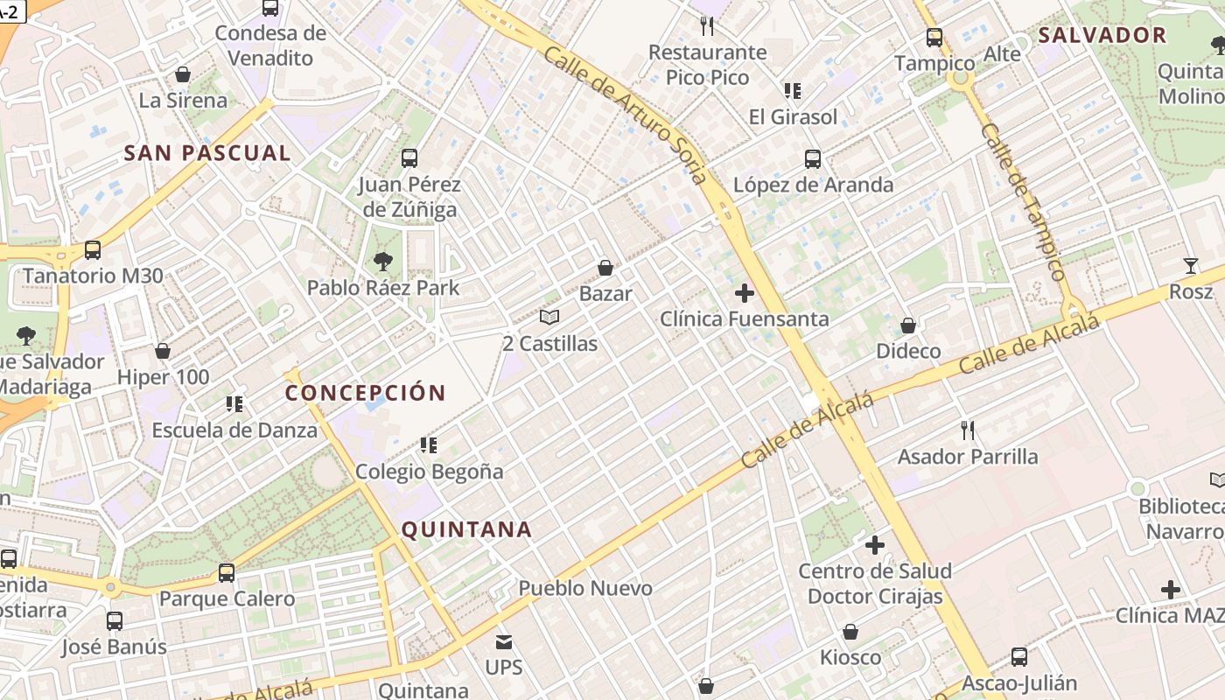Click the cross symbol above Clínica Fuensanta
click(x=745, y=293)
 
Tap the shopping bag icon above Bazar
click(x=605, y=268)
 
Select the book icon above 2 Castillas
click(x=549, y=317)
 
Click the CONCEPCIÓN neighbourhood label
click(x=366, y=393)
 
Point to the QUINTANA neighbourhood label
click(x=466, y=529)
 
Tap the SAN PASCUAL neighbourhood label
click(x=207, y=153)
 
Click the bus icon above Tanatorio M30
click(x=93, y=250)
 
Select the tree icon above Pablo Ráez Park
click(x=382, y=261)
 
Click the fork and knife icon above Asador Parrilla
click(x=968, y=430)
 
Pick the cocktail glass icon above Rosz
click(x=1190, y=266)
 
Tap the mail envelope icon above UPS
click(x=504, y=642)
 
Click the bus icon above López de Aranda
click(x=813, y=159)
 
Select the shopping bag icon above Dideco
click(x=908, y=325)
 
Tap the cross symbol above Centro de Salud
click(x=874, y=545)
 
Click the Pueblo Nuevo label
click(x=585, y=588)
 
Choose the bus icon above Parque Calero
click(x=227, y=573)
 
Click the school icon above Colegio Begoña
click(x=429, y=445)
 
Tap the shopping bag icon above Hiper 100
click(x=163, y=352)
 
